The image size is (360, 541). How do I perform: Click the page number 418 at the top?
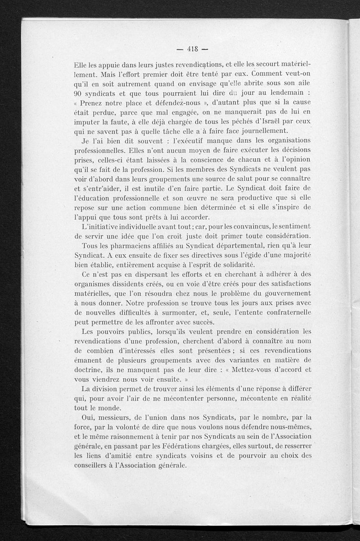[188, 49]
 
